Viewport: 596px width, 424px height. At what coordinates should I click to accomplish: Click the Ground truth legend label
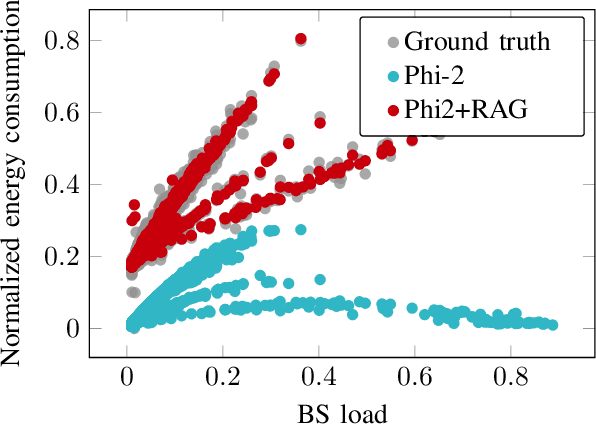(478, 44)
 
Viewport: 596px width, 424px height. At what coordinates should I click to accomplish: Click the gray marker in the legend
(393, 44)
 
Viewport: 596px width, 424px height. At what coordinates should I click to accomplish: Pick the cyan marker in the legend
(393, 78)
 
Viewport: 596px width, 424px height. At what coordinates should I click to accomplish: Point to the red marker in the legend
(393, 112)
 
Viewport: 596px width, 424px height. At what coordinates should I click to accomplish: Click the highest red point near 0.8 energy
(300, 39)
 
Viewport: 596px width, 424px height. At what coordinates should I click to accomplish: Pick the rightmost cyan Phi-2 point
(552, 325)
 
